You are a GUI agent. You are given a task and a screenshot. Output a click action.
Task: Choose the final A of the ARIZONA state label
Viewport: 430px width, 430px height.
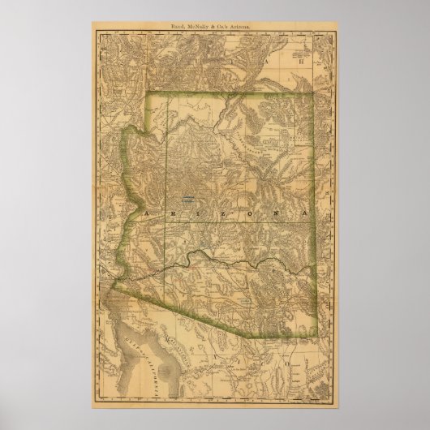tap(304, 211)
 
